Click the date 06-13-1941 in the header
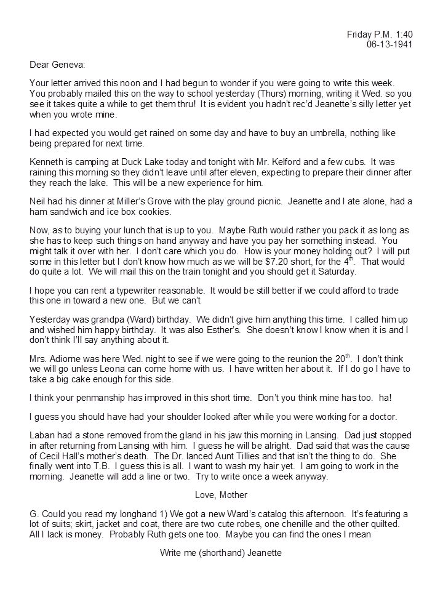click(389, 44)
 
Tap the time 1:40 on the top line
click(402, 34)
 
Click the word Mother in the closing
click(234, 495)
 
